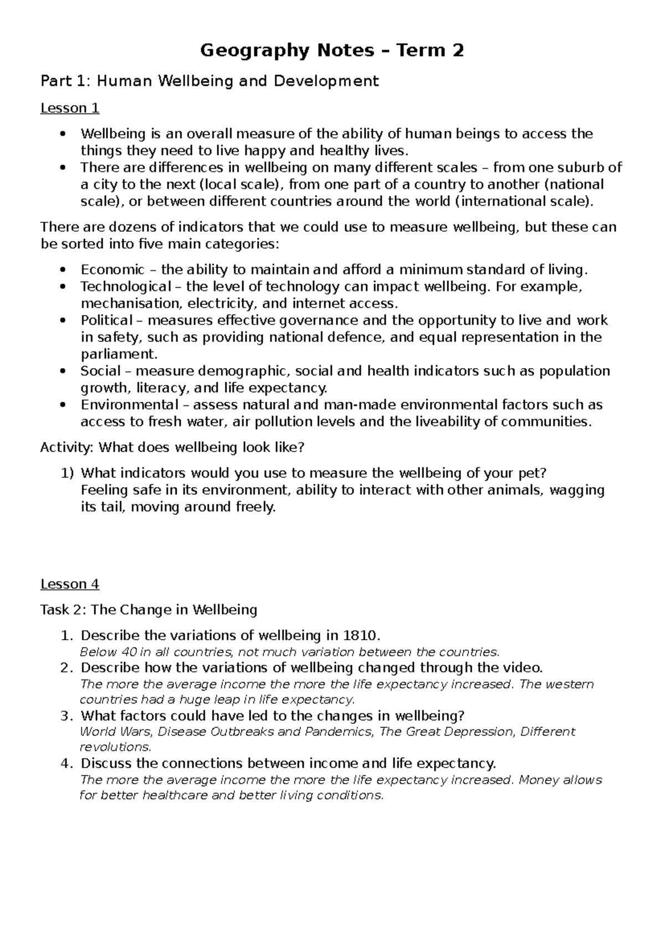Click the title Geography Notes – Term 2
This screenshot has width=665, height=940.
332,51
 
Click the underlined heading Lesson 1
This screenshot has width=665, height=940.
70,108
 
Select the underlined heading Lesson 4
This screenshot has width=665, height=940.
70,584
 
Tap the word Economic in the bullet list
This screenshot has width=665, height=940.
112,270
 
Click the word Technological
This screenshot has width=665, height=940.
126,287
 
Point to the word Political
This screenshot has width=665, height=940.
106,320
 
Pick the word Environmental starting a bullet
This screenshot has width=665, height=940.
130,405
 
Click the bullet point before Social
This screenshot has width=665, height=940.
65,371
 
